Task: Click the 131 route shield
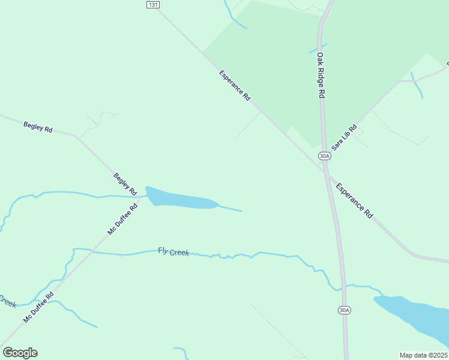point(153,4)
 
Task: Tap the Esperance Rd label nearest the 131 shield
point(235,86)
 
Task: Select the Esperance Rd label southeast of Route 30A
point(354,200)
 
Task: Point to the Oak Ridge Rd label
point(321,75)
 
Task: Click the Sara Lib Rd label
point(344,137)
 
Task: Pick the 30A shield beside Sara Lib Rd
point(324,156)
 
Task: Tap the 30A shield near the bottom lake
point(343,310)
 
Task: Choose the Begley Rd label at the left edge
point(38,127)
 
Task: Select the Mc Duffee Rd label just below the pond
point(123,219)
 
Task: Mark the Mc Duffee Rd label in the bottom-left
point(38,308)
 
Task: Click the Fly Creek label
point(173,252)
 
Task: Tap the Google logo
point(20,353)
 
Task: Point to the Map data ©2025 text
point(423,355)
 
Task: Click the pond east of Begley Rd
point(180,199)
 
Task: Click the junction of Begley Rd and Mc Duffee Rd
point(139,196)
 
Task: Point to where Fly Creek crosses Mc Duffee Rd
point(92,252)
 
